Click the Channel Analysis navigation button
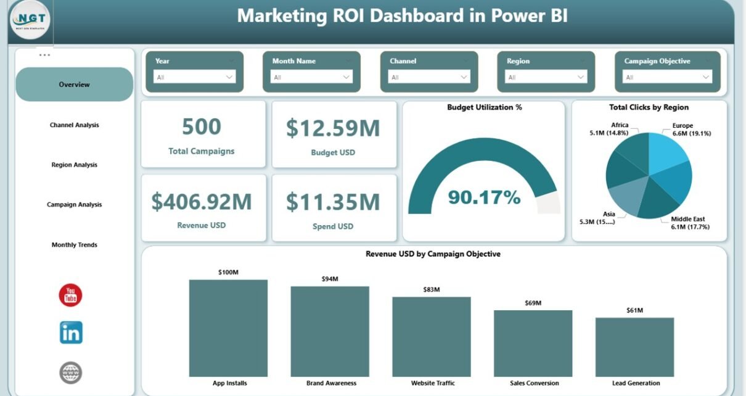74,125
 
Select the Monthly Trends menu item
74,245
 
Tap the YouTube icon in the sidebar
70,295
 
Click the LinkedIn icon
71,332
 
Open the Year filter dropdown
195,77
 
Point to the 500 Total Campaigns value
202,127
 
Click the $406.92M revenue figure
202,201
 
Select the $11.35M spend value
333,202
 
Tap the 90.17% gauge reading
484,197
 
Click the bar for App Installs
228,328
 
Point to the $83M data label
432,290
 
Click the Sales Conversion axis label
533,383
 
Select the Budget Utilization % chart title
485,107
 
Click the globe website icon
71,373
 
